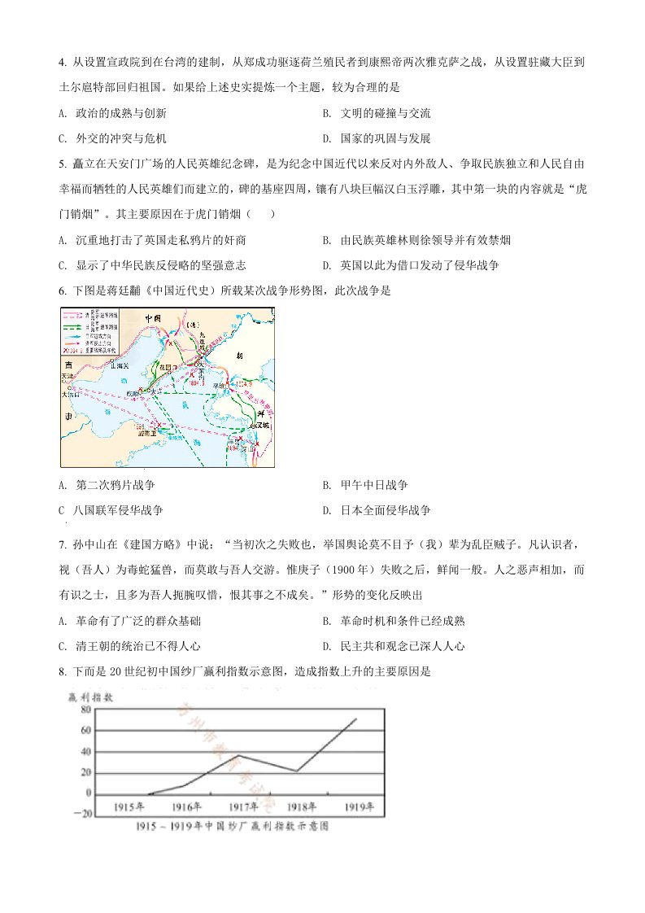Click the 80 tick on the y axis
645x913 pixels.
[84, 709]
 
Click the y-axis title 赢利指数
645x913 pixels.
[91, 697]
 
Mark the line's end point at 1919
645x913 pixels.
[355, 719]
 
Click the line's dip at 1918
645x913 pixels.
[297, 771]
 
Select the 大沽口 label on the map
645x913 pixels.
[69, 395]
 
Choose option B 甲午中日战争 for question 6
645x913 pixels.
[377, 486]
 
